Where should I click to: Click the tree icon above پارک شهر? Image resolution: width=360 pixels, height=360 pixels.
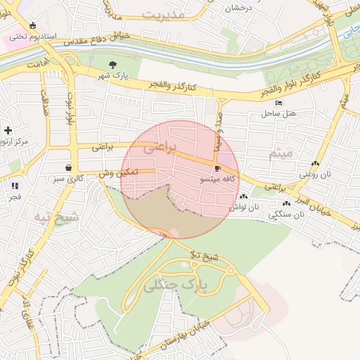click(112, 65)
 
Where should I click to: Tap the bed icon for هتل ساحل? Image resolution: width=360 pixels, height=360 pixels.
click(279, 103)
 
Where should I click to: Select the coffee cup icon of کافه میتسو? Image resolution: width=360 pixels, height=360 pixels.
click(217, 169)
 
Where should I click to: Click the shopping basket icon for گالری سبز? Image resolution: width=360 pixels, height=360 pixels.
click(68, 168)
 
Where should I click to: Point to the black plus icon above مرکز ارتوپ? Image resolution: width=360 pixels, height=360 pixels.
click(8, 130)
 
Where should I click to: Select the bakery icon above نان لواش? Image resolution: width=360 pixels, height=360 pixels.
click(243, 197)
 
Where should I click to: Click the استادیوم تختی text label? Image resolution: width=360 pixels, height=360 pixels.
click(27, 35)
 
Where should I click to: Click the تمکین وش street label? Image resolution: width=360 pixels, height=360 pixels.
click(117, 173)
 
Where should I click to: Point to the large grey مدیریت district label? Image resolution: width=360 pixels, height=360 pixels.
click(162, 14)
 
